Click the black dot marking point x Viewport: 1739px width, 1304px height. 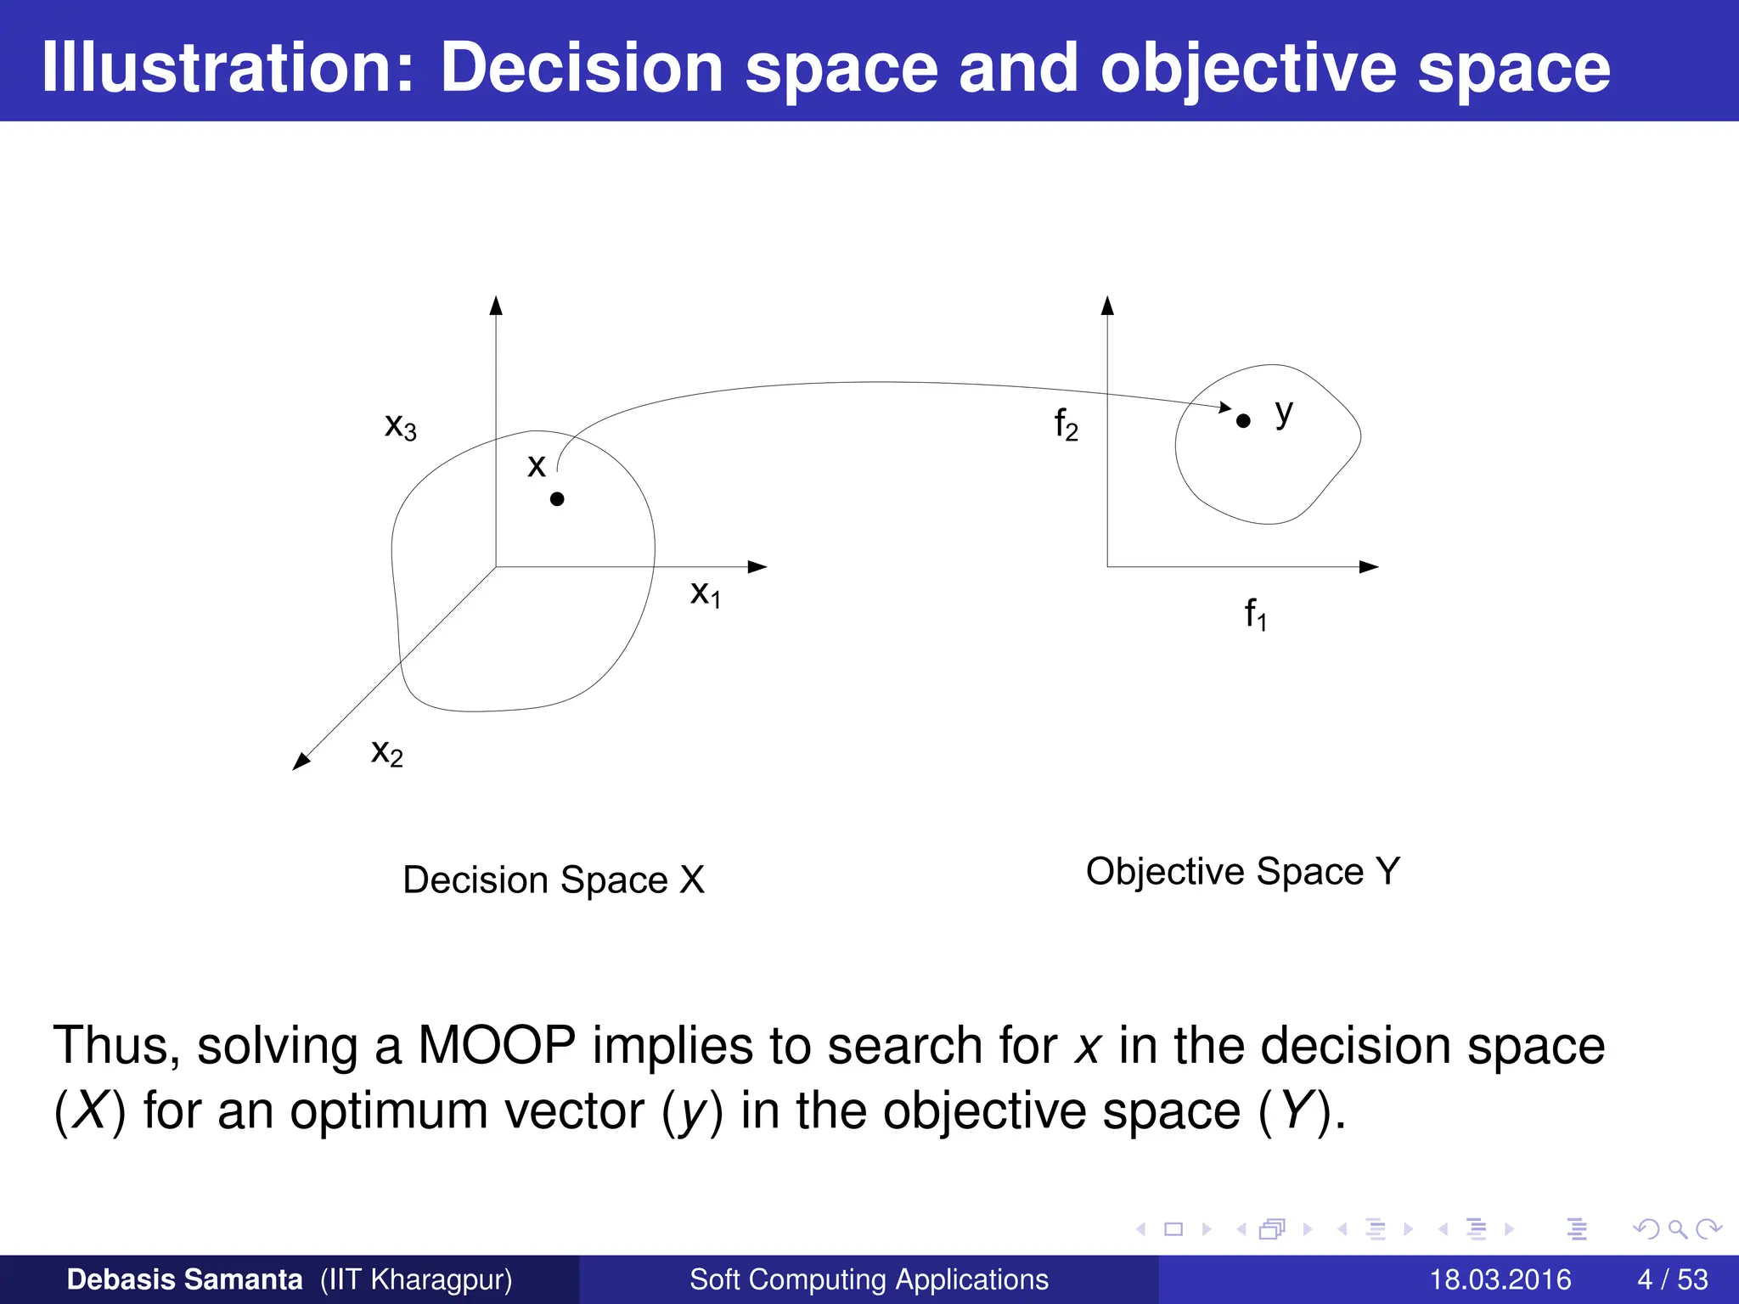pyautogui.click(x=557, y=499)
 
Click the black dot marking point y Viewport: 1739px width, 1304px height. pyautogui.click(x=1243, y=420)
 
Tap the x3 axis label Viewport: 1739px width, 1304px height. pyautogui.click(x=401, y=426)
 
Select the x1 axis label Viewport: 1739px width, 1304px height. pyautogui.click(x=705, y=593)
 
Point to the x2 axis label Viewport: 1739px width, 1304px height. pyautogui.click(x=387, y=752)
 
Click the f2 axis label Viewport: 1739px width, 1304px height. pyautogui.click(x=1066, y=424)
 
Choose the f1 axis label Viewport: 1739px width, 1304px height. pyautogui.click(x=1255, y=613)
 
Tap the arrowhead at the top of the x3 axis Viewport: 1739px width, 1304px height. pyautogui.click(x=496, y=306)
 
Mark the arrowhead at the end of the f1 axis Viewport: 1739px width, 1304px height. pyautogui.click(x=1368, y=566)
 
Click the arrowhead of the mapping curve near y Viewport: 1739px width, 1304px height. pyautogui.click(x=1224, y=407)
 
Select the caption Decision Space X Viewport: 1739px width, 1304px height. pyautogui.click(x=554, y=880)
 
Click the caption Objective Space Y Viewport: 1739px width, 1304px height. pyautogui.click(x=1242, y=871)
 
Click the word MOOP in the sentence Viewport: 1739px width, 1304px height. pyautogui.click(x=497, y=1045)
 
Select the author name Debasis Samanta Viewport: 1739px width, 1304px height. pyautogui.click(x=184, y=1279)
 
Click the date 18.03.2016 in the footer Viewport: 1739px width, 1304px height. pyautogui.click(x=1500, y=1279)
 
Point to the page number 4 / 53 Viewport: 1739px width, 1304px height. pyautogui.click(x=1672, y=1279)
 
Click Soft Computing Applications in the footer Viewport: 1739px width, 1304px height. pyautogui.click(x=869, y=1279)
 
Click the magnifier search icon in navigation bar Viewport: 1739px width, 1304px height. pyautogui.click(x=1676, y=1228)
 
